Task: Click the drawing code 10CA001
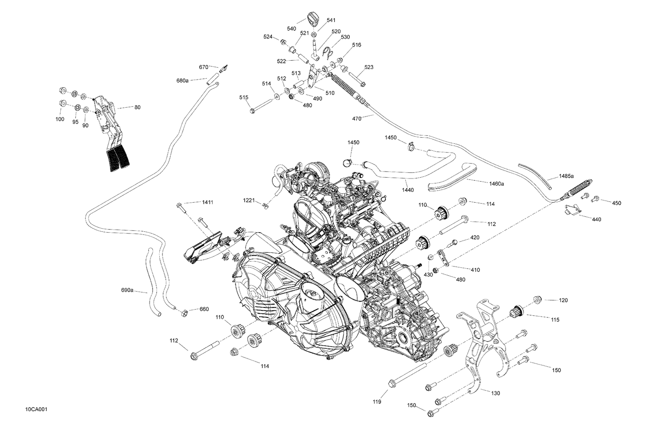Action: coord(36,409)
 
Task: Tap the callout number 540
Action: coord(291,29)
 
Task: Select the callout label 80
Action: coord(137,107)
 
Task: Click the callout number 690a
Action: coord(127,290)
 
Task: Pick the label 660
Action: coord(204,309)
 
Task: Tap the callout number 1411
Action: coord(207,202)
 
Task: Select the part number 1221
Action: coord(249,201)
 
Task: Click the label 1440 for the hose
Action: coord(407,190)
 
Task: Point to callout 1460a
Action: coord(496,183)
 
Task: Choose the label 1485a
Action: coord(566,176)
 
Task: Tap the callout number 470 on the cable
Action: coord(357,118)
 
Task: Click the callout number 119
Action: coord(377,401)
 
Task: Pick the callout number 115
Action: coord(555,320)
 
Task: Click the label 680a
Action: coord(182,80)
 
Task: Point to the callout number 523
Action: coord(369,67)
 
